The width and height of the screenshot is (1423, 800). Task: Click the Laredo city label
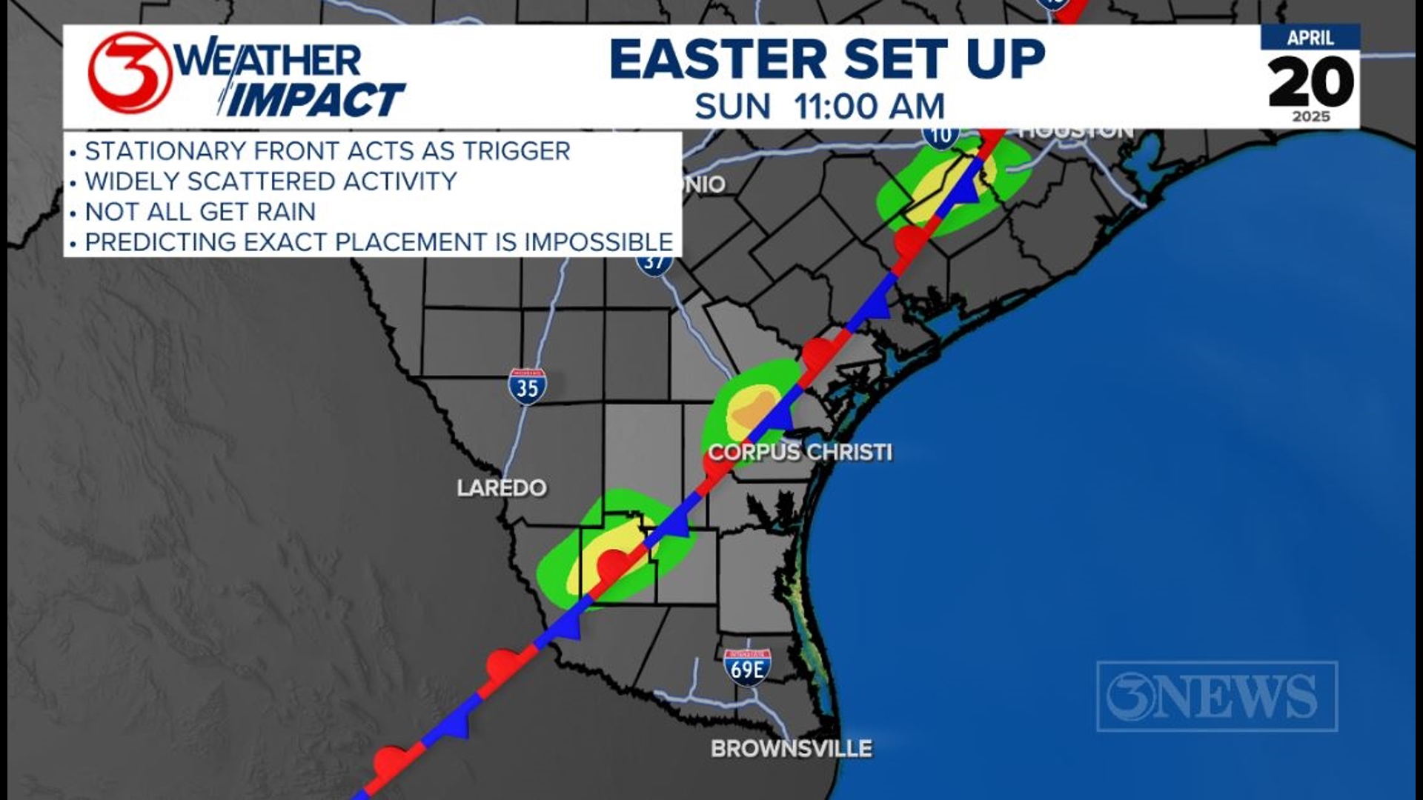tap(502, 488)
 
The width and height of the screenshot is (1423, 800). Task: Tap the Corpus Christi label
tap(800, 452)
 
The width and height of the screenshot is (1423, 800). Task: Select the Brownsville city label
tap(791, 749)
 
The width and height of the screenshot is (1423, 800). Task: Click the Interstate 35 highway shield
tap(527, 387)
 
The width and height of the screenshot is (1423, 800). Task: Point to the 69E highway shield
tap(747, 667)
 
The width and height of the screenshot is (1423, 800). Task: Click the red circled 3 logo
tap(130, 73)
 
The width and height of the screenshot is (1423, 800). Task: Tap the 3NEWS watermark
tap(1216, 696)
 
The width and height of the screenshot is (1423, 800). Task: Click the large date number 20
tap(1310, 81)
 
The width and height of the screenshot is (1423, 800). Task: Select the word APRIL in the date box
tap(1310, 38)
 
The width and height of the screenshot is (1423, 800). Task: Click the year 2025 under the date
tap(1310, 117)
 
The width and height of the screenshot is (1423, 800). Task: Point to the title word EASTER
tap(717, 59)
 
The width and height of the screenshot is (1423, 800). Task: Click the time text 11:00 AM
tap(869, 107)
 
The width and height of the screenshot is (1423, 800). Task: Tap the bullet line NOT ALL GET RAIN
tap(200, 212)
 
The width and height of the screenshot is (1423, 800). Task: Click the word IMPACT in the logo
tap(315, 100)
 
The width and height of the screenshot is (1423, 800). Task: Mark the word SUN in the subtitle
tap(732, 107)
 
